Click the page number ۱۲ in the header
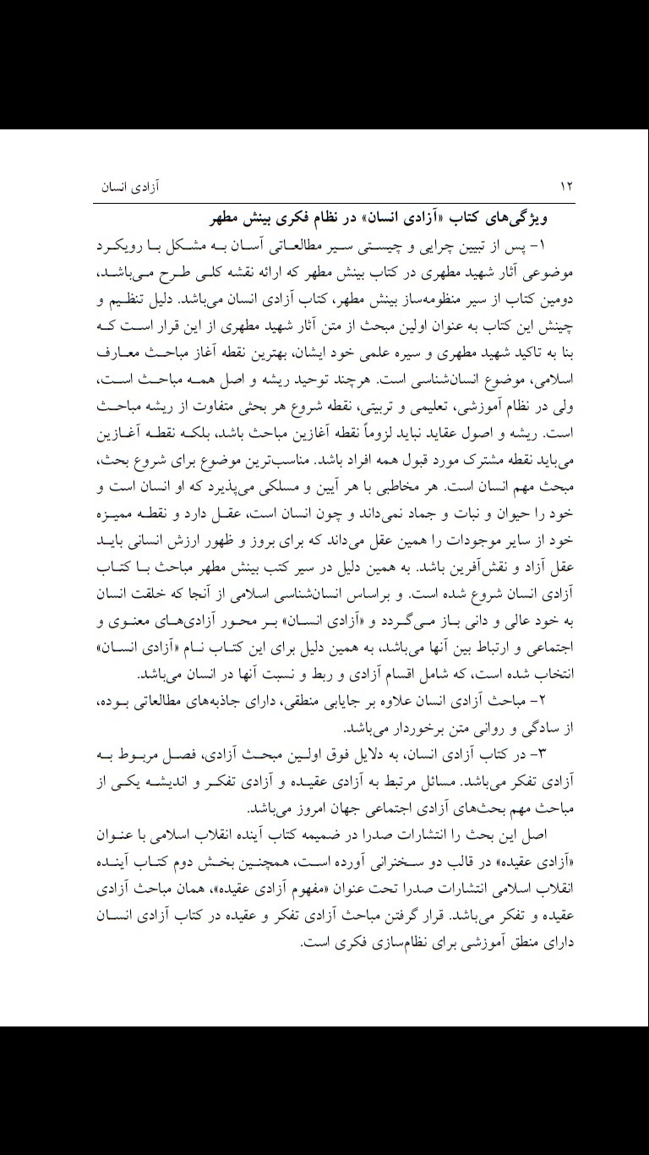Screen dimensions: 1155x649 point(566,185)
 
